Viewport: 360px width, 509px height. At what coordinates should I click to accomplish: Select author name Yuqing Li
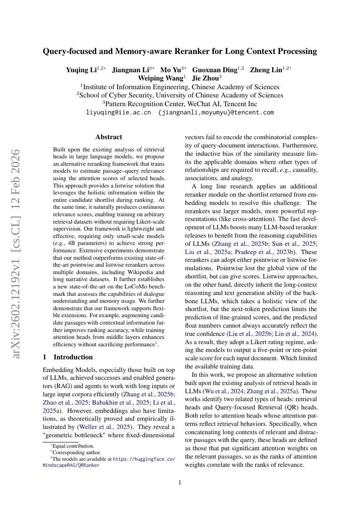click(81, 70)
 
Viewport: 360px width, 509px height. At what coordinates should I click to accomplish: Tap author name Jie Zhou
click(206, 78)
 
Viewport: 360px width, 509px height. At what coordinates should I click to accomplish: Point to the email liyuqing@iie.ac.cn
click(118, 112)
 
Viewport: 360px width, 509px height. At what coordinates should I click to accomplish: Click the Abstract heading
click(109, 137)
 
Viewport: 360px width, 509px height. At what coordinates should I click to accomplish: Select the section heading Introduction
click(73, 357)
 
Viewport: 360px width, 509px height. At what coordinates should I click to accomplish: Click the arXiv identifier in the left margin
click(16, 254)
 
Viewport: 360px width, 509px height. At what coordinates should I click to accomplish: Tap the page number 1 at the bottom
click(180, 482)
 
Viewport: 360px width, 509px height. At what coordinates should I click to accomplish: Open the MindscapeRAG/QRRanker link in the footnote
click(71, 465)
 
